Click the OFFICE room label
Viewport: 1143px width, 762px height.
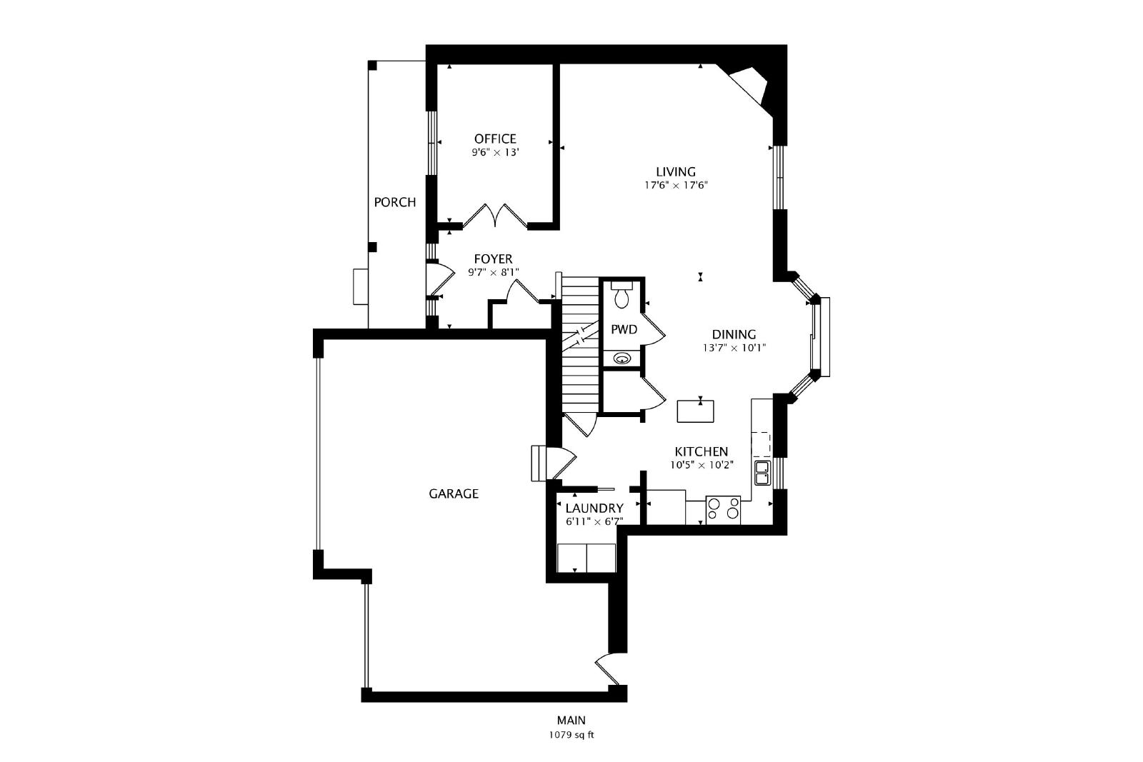pyautogui.click(x=495, y=139)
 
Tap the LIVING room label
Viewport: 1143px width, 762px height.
pyautogui.click(x=676, y=172)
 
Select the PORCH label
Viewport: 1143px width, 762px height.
pyautogui.click(x=395, y=203)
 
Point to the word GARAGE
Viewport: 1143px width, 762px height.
pyautogui.click(x=454, y=493)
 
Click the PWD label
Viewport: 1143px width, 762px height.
pyautogui.click(x=624, y=329)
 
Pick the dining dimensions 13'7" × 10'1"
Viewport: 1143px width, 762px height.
pyautogui.click(x=734, y=348)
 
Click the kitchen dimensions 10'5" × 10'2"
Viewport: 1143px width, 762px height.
pyautogui.click(x=702, y=465)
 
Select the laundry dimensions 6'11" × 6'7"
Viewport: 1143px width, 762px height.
pyautogui.click(x=594, y=522)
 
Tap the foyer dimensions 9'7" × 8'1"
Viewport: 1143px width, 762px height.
pyautogui.click(x=493, y=272)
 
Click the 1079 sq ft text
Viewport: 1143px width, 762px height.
pyautogui.click(x=571, y=735)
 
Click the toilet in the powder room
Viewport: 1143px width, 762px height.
pyautogui.click(x=622, y=294)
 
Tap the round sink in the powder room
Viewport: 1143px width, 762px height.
pyautogui.click(x=622, y=358)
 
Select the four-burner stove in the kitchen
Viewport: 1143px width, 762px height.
pyautogui.click(x=723, y=510)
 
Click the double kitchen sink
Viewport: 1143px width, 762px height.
pyautogui.click(x=762, y=473)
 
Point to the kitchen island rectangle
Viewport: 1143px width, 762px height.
pyautogui.click(x=695, y=411)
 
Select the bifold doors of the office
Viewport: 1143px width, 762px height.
pyautogui.click(x=494, y=215)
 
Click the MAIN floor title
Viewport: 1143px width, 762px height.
pyautogui.click(x=571, y=720)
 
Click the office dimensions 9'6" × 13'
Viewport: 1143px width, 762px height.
pyautogui.click(x=495, y=152)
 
